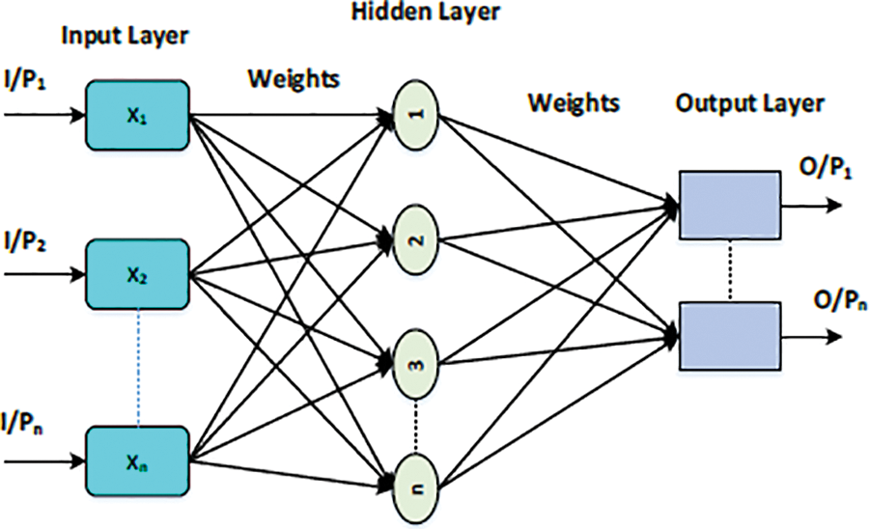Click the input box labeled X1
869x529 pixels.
point(137,115)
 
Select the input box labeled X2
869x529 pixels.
point(137,274)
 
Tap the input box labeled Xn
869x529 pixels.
point(137,461)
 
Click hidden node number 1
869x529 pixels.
point(415,114)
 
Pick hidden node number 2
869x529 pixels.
point(415,238)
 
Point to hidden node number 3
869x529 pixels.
point(415,365)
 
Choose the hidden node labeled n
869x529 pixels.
point(415,487)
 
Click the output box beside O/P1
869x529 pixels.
point(730,205)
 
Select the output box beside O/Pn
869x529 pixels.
point(730,336)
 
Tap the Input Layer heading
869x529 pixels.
point(126,37)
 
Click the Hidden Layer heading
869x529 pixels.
point(426,12)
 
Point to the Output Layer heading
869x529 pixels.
point(749,104)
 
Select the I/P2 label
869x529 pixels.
point(24,241)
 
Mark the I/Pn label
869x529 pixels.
point(23,424)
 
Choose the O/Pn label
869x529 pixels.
point(839,302)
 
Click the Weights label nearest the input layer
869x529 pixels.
point(294,78)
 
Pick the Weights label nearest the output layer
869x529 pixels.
point(573,103)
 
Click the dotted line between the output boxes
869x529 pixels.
point(731,271)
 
